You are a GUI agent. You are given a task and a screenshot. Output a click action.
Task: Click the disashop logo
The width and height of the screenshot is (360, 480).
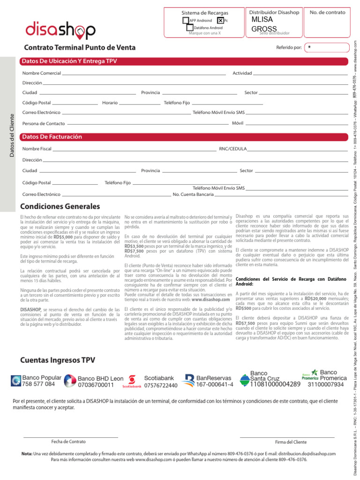click(x=60, y=30)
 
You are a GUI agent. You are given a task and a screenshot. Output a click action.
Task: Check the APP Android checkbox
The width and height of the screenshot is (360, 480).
click(x=186, y=21)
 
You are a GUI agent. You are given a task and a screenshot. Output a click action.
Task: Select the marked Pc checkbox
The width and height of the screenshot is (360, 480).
click(x=220, y=21)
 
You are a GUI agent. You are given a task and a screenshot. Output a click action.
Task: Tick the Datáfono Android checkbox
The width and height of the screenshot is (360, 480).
click(x=190, y=28)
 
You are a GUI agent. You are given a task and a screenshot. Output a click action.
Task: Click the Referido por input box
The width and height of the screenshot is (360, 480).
click(x=327, y=47)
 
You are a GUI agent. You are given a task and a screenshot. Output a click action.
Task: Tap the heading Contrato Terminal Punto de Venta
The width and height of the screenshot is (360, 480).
click(x=80, y=48)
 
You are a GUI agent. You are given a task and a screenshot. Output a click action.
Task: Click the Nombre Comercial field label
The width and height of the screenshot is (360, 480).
click(x=41, y=74)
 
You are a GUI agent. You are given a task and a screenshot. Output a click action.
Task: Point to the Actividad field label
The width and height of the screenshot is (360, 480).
click(x=242, y=74)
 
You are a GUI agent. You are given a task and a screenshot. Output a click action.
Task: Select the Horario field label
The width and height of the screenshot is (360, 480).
click(x=110, y=102)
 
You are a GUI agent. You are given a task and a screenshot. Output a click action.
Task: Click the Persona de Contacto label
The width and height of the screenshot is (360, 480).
click(x=44, y=124)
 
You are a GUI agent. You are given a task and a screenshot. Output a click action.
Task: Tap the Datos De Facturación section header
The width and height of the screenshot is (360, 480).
click(x=52, y=137)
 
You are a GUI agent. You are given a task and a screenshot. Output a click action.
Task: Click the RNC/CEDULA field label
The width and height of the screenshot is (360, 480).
click(x=232, y=149)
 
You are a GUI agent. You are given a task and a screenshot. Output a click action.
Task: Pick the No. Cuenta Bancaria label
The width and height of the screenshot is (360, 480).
click(x=193, y=194)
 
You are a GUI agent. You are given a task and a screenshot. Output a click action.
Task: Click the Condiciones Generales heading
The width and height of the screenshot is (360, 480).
click(x=60, y=207)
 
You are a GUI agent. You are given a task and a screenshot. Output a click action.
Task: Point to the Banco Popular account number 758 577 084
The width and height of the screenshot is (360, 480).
click(x=38, y=384)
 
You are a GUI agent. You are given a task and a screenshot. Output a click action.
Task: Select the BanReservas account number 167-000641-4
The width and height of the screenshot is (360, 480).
click(x=215, y=385)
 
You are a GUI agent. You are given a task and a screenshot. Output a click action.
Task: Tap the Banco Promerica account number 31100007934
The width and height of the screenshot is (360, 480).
click(x=326, y=385)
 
